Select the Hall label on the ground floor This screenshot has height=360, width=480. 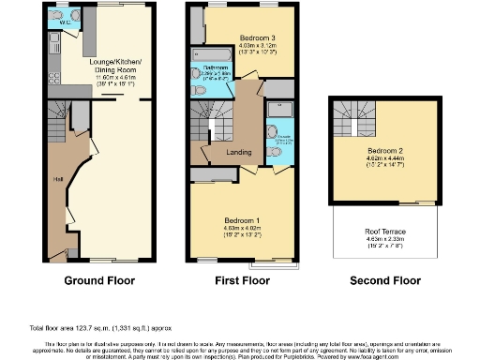tap(58, 179)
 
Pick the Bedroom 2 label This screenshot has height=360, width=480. tap(385, 151)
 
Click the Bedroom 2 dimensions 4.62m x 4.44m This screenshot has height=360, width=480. tap(385, 158)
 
